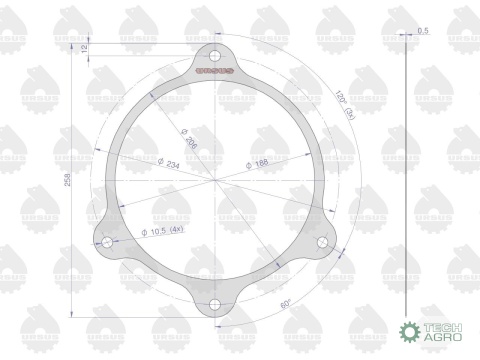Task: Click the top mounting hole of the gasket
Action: [215, 56]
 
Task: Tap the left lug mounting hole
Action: [107, 241]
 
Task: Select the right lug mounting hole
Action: [324, 242]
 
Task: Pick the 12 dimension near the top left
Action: [84, 47]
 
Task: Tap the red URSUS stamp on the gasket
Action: [215, 73]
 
